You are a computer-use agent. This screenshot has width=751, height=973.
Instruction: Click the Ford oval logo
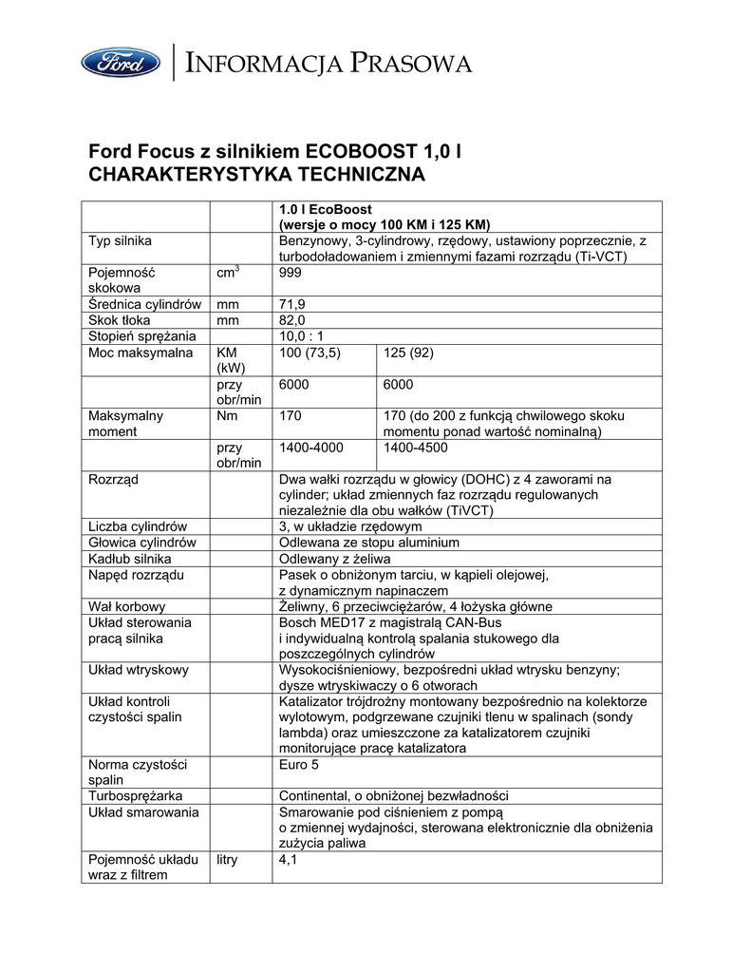point(121,63)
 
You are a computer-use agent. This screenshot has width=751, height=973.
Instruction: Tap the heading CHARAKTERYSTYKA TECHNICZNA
point(256,176)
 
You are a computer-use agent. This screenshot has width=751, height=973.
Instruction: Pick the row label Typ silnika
point(120,241)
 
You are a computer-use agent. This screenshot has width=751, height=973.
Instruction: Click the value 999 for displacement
point(291,273)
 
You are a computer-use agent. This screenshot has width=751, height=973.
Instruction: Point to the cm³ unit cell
point(228,273)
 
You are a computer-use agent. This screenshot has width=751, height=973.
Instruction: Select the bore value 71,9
point(292,304)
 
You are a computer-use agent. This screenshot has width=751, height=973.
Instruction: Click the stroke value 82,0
point(292,320)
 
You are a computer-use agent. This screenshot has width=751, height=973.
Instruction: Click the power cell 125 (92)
point(409,353)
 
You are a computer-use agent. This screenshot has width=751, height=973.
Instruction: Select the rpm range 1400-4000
point(311,447)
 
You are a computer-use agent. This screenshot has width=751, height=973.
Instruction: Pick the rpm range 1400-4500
point(416,447)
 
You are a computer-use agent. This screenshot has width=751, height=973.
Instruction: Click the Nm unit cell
point(227,415)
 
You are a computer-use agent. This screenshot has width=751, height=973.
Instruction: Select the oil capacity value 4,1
point(289,859)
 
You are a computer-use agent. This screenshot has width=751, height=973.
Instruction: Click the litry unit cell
point(228,859)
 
